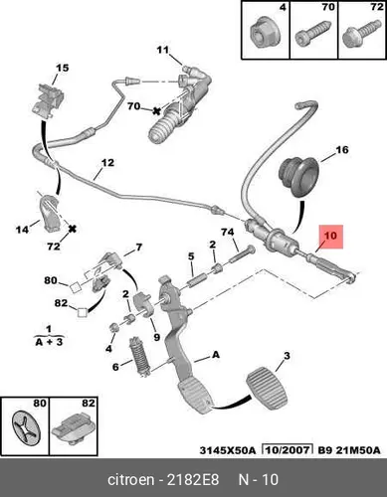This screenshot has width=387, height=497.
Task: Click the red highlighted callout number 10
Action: click(330, 236)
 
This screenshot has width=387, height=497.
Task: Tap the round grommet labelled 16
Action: click(297, 177)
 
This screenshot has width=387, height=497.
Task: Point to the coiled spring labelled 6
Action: click(139, 357)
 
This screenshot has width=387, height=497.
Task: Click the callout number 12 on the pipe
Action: click(107, 163)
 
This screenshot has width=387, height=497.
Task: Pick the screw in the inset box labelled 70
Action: click(313, 34)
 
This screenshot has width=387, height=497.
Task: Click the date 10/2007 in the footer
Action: click(288, 450)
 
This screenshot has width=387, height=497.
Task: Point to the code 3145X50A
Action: click(228, 450)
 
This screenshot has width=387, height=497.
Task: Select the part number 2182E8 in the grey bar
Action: click(193, 480)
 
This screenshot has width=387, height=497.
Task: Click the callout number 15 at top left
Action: click(62, 68)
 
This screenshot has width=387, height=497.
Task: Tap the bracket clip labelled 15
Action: click(51, 99)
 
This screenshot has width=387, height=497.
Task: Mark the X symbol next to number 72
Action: click(72, 229)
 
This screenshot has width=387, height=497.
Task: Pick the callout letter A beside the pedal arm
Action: click(216, 355)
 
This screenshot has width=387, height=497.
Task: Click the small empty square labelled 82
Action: click(82, 313)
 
